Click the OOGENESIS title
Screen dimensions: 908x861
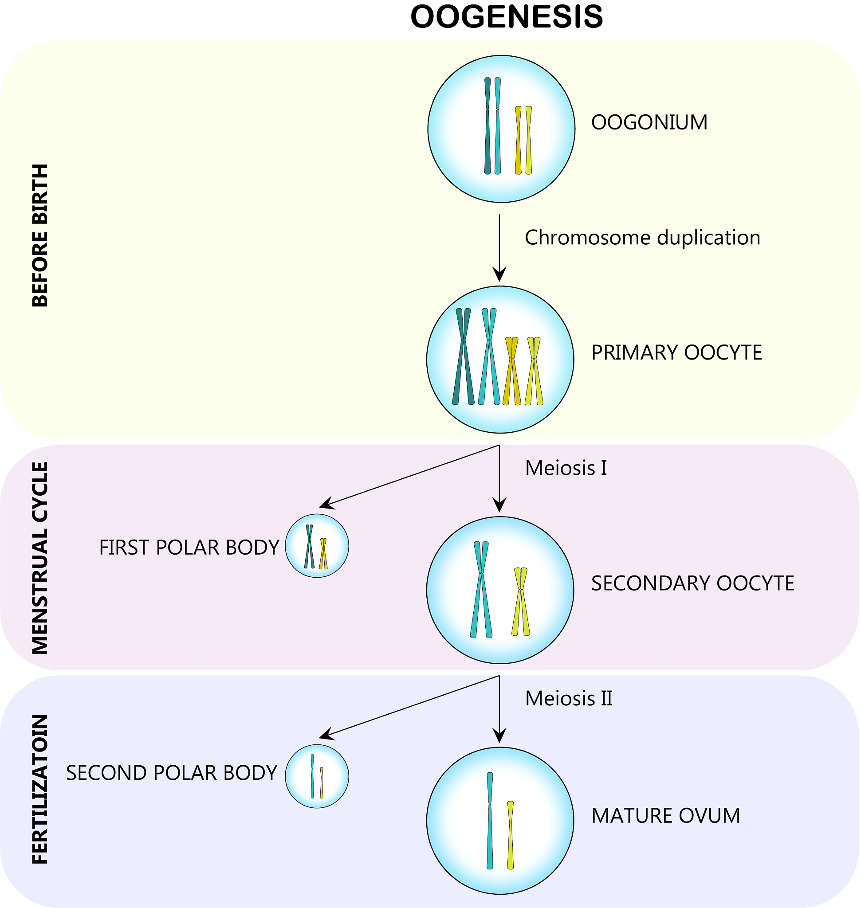[x=506, y=17]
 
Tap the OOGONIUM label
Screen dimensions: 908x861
[x=649, y=122]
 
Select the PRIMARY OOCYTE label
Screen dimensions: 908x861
[x=676, y=352]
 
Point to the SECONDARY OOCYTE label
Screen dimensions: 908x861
[x=692, y=583]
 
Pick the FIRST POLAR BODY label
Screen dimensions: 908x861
[x=189, y=548]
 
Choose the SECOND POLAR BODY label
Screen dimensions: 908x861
[x=172, y=773]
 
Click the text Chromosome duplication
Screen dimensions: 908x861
[x=642, y=238]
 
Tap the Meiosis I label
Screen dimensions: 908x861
[x=566, y=468]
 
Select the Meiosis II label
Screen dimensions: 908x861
[x=569, y=698]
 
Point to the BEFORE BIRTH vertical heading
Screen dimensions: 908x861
[x=40, y=235]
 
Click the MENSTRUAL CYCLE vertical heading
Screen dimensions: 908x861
[x=40, y=557]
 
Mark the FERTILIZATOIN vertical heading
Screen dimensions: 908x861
[x=40, y=789]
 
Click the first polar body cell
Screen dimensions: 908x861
[x=317, y=545]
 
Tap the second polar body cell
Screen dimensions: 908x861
[x=317, y=776]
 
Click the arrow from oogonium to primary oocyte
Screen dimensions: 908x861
[x=499, y=248]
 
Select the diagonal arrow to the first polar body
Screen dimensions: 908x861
[x=409, y=476]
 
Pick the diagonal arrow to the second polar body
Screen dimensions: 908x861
[x=409, y=706]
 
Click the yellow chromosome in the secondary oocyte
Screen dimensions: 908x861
[x=521, y=602]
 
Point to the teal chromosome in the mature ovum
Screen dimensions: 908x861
[x=490, y=821]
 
